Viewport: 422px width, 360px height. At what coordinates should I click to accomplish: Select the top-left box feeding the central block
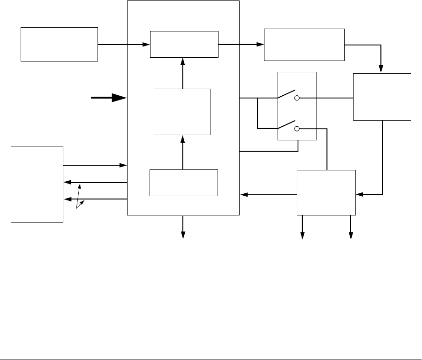pyautogui.click(x=59, y=44)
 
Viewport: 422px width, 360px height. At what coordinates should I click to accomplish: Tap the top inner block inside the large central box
pyautogui.click(x=184, y=44)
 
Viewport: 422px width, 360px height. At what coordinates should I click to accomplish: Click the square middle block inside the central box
pyautogui.click(x=182, y=112)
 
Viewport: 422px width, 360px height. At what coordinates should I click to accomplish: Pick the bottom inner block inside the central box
pyautogui.click(x=184, y=182)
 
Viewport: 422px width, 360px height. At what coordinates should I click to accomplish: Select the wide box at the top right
pyautogui.click(x=304, y=45)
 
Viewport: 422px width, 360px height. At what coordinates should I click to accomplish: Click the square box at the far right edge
pyautogui.click(x=382, y=97)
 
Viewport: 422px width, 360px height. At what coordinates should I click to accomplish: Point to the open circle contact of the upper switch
pyautogui.click(x=297, y=99)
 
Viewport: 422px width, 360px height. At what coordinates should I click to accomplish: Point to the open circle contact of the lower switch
pyautogui.click(x=297, y=128)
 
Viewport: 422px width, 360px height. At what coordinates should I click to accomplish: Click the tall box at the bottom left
pyautogui.click(x=37, y=184)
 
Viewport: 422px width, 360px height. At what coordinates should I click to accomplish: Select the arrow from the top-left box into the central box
pyautogui.click(x=123, y=45)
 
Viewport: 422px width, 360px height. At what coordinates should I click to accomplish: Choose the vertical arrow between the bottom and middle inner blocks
pyautogui.click(x=183, y=152)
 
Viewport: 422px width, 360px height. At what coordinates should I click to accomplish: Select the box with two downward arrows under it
pyautogui.click(x=326, y=192)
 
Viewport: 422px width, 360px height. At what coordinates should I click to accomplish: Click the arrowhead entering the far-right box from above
pyautogui.click(x=382, y=69)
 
